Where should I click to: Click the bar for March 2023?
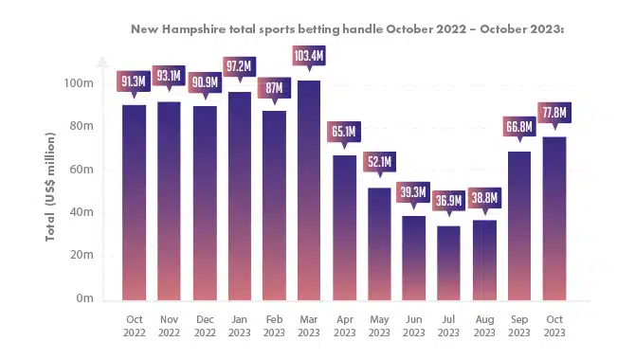pos(309,190)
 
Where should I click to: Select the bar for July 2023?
pos(448,263)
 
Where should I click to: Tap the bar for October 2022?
pos(134,203)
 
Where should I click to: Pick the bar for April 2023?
pos(345,228)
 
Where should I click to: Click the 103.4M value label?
pos(309,56)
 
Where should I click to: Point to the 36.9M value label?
pos(448,201)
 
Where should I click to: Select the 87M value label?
pos(274,88)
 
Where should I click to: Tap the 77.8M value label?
pos(554,113)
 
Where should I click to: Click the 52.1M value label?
pos(379,162)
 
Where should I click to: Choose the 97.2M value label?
pos(240,66)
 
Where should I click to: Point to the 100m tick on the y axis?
pos(79,83)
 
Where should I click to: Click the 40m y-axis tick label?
pos(82,212)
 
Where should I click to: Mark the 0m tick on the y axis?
pos(84,298)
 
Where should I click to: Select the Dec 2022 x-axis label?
pos(205,326)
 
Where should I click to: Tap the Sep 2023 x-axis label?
pos(519,326)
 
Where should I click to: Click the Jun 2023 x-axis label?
pos(414,326)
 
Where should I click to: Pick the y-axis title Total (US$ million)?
pos(50,187)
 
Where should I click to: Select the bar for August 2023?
pos(484,261)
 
